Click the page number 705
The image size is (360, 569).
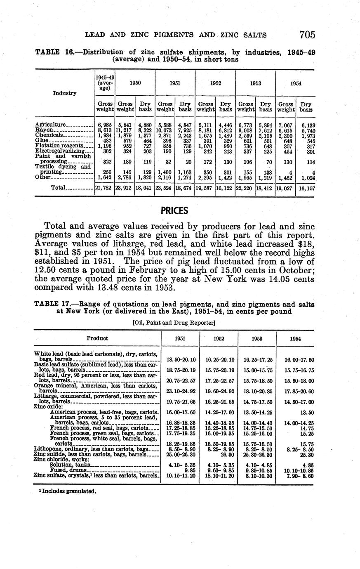[307, 34]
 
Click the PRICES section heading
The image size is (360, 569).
[174, 211]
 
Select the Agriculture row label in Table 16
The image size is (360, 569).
[50, 125]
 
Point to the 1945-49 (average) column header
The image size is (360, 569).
[105, 83]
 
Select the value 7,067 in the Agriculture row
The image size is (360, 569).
[285, 125]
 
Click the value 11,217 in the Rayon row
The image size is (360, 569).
[125, 130]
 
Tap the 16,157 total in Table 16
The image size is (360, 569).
[306, 188]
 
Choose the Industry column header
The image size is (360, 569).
[65, 93]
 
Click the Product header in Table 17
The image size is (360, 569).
[97, 338]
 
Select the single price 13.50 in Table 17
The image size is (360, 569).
[306, 412]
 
